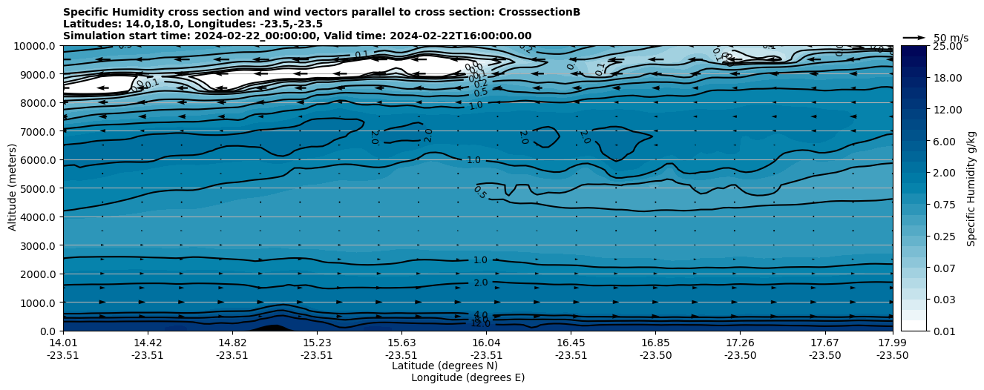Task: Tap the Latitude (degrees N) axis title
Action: [x=445, y=366]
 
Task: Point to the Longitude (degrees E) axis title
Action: [x=468, y=377]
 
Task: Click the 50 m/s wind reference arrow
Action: [x=914, y=38]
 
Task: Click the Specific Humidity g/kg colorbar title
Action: [x=971, y=188]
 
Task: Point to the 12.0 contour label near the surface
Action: [x=480, y=323]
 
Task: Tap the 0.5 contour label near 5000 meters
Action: [x=479, y=192]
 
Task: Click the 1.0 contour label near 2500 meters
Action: [x=480, y=260]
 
